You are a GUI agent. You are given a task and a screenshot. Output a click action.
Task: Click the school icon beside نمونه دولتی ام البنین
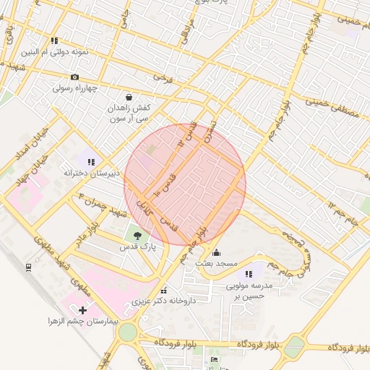[53, 41]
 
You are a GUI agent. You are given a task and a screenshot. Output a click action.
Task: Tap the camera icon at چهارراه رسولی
[74, 77]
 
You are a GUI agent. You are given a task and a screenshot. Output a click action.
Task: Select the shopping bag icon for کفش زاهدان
[129, 97]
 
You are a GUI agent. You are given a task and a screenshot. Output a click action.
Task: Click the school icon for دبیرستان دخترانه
[90, 162]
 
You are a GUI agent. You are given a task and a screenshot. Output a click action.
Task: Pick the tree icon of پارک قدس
[135, 234]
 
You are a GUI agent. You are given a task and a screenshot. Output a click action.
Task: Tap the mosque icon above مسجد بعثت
[218, 253]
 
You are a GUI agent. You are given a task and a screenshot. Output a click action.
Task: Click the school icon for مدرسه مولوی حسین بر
[249, 274]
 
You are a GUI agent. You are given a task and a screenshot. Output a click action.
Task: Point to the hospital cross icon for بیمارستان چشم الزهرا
[82, 310]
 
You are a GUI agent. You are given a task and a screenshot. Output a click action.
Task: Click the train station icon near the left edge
[28, 267]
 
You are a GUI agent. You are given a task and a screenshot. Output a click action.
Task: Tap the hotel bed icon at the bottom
[212, 359]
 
